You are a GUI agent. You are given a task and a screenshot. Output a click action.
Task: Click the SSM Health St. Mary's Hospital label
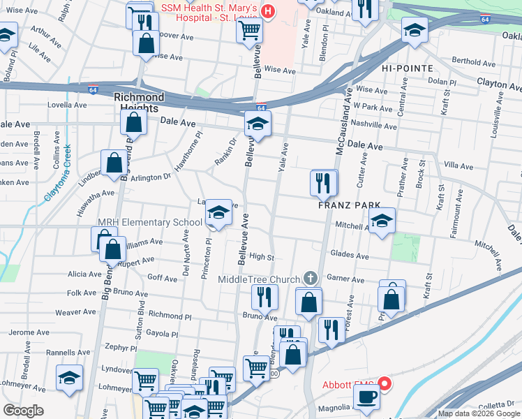click(x=209, y=13)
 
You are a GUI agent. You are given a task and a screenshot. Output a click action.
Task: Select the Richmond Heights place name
click(x=140, y=103)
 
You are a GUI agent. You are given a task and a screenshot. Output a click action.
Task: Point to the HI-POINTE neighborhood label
click(x=407, y=68)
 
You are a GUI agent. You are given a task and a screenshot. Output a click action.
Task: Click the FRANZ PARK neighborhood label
click(x=349, y=205)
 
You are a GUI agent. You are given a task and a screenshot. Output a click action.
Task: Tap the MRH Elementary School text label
click(x=149, y=223)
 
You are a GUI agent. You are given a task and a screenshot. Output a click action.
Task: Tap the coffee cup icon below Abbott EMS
click(x=366, y=397)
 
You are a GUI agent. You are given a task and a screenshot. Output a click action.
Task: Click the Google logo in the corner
click(x=24, y=410)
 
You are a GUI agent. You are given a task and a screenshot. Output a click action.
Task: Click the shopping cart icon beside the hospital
click(x=249, y=31)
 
